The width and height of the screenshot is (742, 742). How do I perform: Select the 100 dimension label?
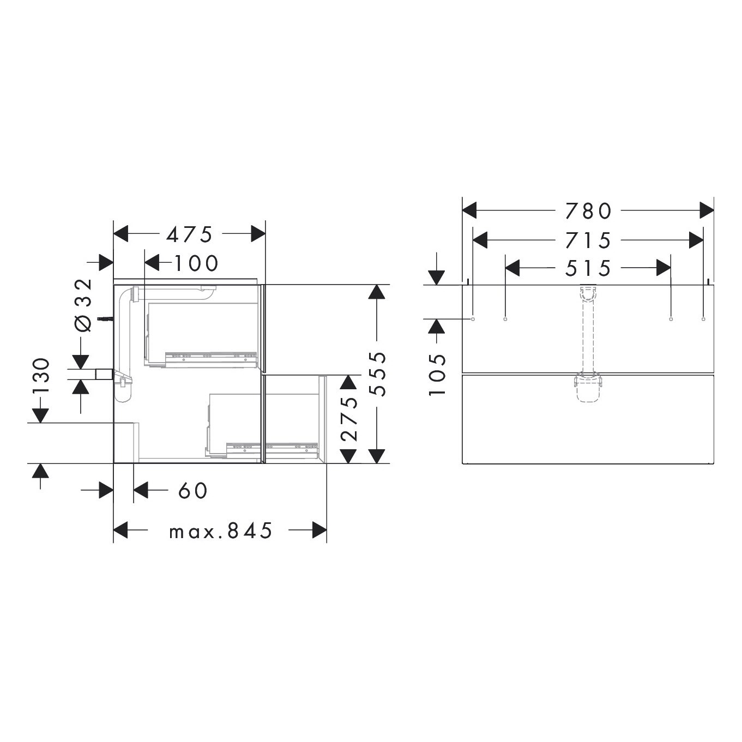click(196, 264)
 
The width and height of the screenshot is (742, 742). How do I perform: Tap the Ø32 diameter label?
click(84, 305)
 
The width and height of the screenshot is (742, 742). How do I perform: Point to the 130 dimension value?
click(41, 376)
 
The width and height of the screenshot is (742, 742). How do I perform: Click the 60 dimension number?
click(193, 491)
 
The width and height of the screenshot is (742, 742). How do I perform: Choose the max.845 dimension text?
click(221, 530)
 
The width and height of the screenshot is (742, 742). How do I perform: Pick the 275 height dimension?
click(349, 419)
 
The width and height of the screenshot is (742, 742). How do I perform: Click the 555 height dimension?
click(377, 373)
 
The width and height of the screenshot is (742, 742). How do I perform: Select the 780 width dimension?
click(588, 211)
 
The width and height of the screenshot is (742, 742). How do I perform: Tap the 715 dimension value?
click(588, 240)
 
